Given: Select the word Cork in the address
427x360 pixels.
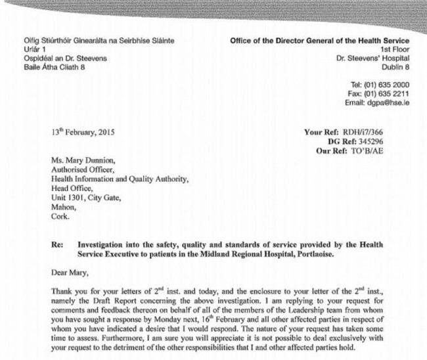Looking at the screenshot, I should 60,213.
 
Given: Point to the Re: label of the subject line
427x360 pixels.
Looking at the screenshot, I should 57,244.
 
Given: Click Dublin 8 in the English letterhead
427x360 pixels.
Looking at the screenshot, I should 403,67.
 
